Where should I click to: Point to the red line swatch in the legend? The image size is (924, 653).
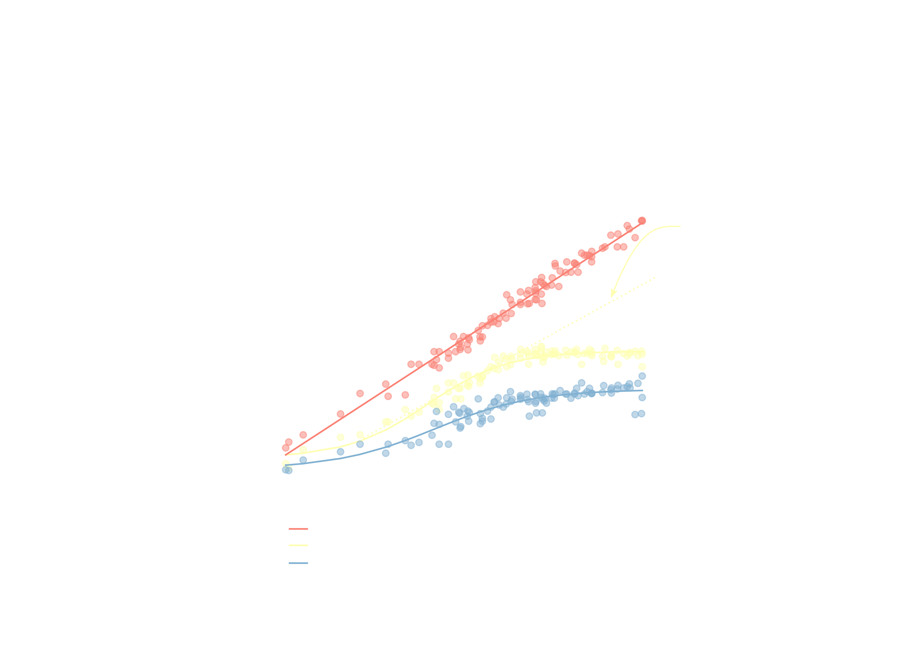coord(298,529)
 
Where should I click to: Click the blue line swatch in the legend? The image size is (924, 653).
coord(298,563)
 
